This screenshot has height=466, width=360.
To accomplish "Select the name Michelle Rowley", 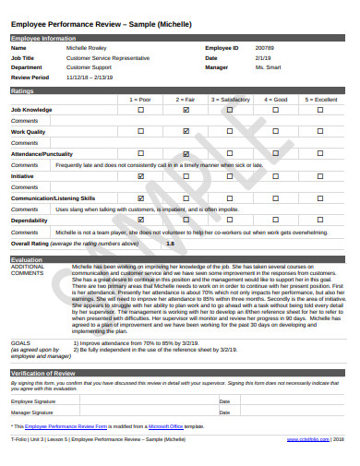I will click(x=87, y=47).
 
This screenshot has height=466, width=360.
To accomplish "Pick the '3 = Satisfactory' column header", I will click(x=231, y=98).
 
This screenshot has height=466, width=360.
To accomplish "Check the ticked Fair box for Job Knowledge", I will click(x=186, y=109).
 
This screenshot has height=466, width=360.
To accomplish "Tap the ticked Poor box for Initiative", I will click(x=140, y=175).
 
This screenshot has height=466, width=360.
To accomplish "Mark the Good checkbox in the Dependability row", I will click(x=276, y=220).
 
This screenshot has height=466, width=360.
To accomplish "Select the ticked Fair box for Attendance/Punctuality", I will click(x=186, y=153).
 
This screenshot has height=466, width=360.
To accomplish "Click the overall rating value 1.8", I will click(x=170, y=243).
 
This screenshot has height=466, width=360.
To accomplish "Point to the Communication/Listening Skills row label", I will click(x=53, y=197).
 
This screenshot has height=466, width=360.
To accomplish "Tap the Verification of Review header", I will click(x=179, y=372).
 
